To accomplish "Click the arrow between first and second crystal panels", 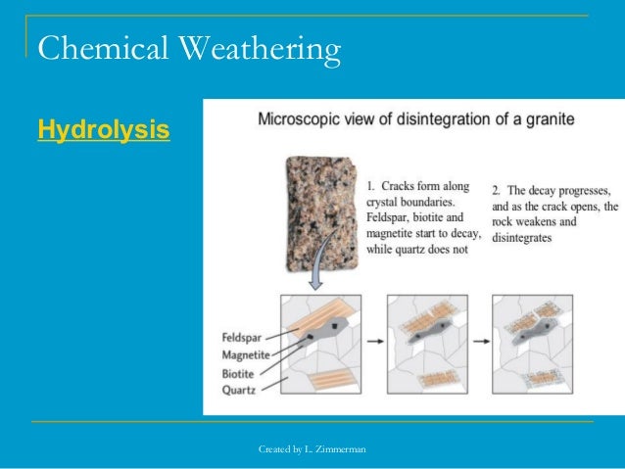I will (x=374, y=344).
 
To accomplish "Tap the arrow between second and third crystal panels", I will (x=480, y=344).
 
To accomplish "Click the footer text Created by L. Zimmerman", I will (x=312, y=448).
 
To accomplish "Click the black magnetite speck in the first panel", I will (x=335, y=323).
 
